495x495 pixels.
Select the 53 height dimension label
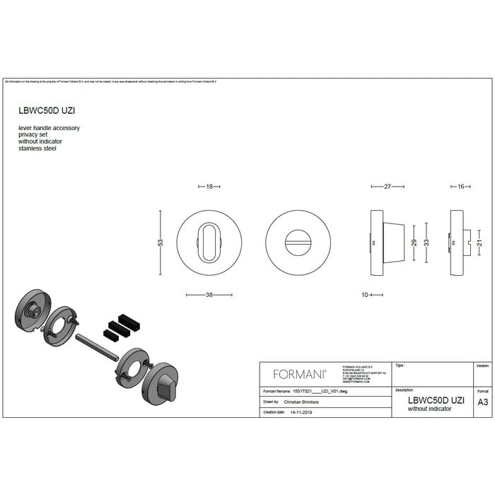(x=161, y=243)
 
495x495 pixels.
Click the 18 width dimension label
(x=209, y=187)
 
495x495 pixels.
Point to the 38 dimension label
(x=209, y=295)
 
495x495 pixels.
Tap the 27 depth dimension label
(x=388, y=187)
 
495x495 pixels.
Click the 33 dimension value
(x=426, y=242)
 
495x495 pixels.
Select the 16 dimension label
(x=460, y=187)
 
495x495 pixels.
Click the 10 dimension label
(x=364, y=295)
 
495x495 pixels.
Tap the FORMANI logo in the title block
(x=299, y=374)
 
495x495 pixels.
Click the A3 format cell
(x=483, y=402)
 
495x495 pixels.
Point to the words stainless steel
(x=38, y=148)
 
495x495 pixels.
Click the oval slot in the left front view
(x=209, y=242)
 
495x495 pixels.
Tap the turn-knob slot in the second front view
(x=297, y=242)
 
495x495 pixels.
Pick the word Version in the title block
(x=482, y=366)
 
